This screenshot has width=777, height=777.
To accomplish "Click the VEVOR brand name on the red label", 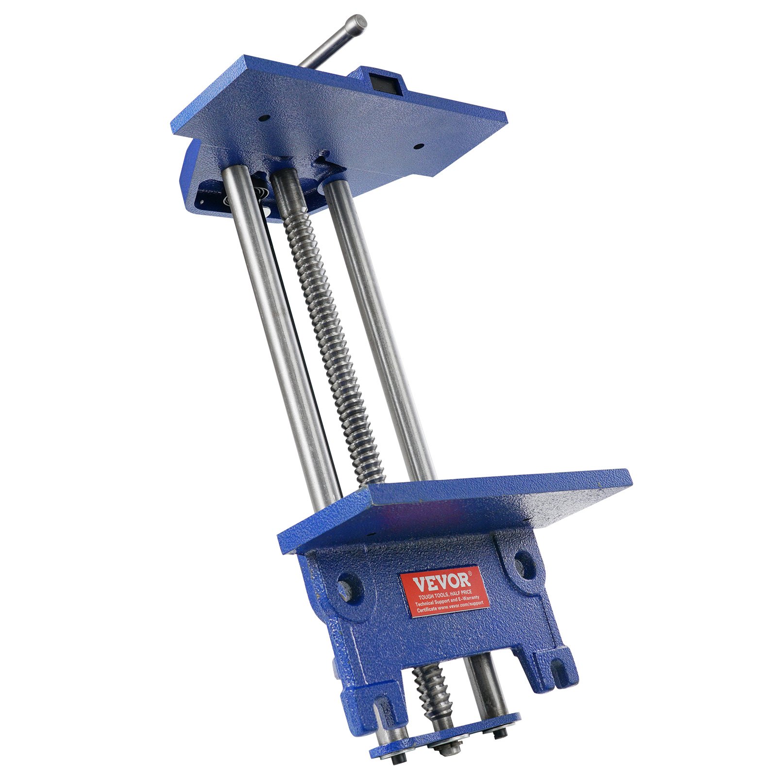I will tap(441, 581).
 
